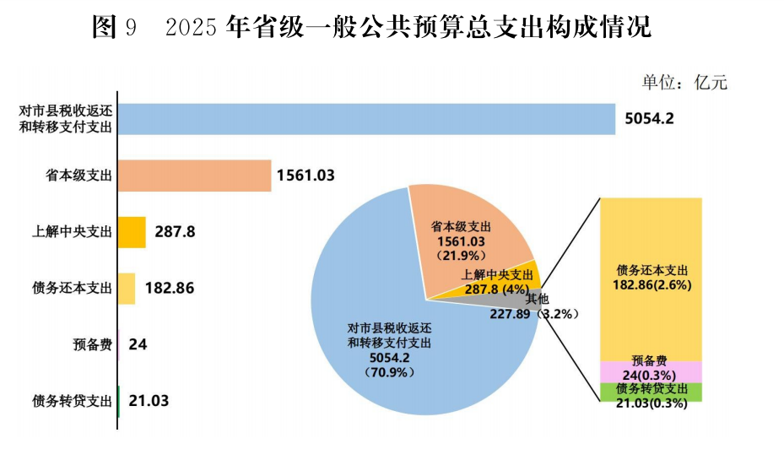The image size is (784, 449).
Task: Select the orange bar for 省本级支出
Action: [x=195, y=176]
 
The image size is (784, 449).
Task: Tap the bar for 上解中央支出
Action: [x=132, y=232]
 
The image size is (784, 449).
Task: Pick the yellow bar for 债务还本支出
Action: [x=127, y=288]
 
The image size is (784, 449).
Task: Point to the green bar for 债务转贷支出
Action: [x=119, y=401]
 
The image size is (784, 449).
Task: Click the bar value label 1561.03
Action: [x=305, y=176]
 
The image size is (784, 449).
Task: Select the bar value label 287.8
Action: [x=175, y=231]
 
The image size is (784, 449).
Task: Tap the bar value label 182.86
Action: [x=170, y=288]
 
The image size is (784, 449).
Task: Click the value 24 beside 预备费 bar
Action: [x=138, y=344]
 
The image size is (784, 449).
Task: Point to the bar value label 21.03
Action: [x=149, y=401]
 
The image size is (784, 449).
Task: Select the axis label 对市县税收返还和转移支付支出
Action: [x=66, y=119]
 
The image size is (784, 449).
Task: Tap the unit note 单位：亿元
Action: [x=684, y=82]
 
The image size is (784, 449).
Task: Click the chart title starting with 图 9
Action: [x=371, y=28]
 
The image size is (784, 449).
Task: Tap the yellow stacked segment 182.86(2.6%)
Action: [x=651, y=279]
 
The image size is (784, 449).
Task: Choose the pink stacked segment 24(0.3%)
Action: [x=651, y=372]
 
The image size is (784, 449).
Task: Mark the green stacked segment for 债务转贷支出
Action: [x=651, y=392]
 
